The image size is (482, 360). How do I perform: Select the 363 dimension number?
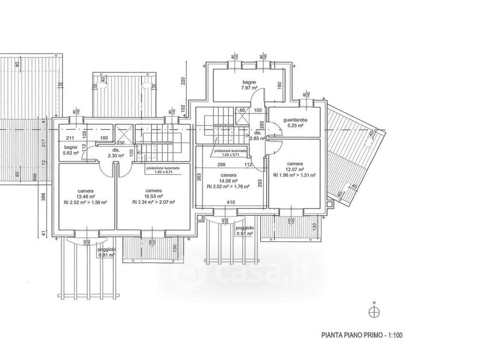(x=199, y=177)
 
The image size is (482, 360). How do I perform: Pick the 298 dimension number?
(x=222, y=164)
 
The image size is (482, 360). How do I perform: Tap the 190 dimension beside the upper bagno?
(x=279, y=86)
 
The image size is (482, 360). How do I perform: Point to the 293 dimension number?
(x=260, y=182)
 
